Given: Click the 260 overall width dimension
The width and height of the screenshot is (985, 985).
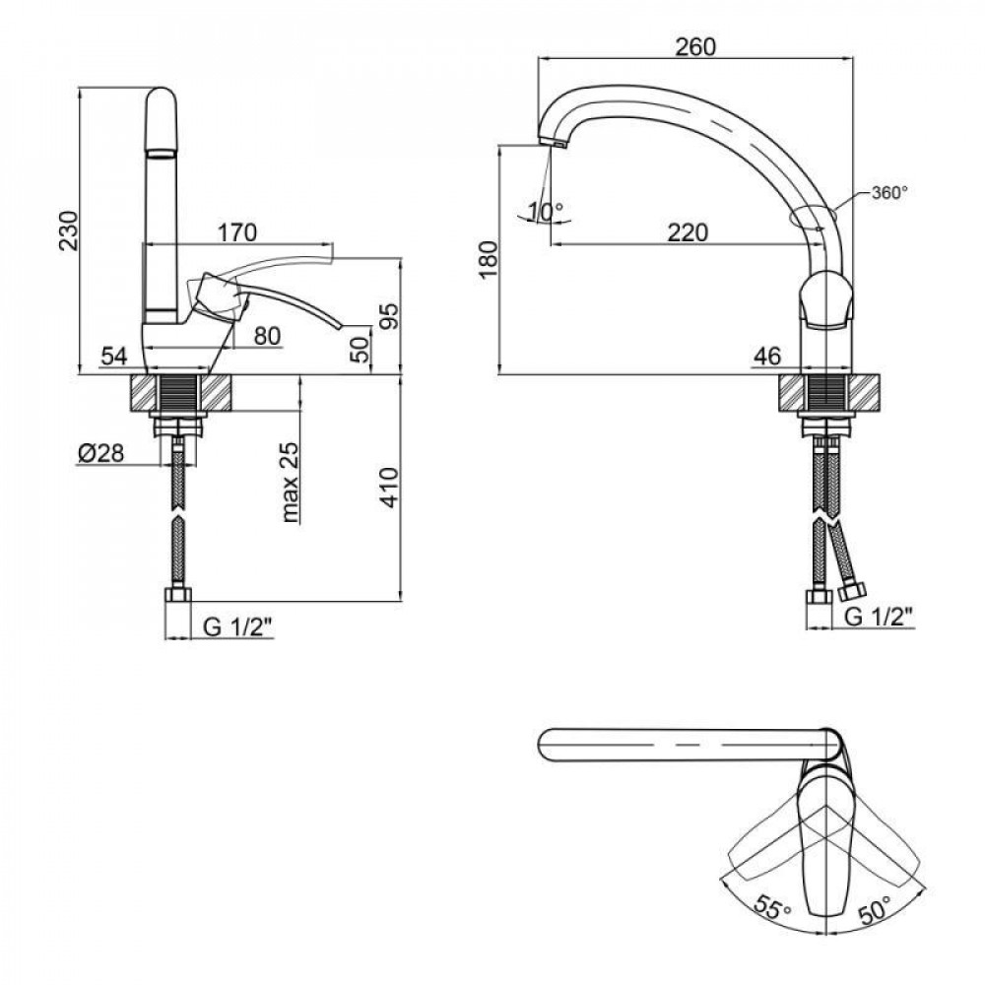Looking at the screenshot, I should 695,45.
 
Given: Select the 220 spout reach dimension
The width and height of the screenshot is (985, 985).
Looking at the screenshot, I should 688,232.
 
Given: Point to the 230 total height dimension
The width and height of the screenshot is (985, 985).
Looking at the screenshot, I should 66,230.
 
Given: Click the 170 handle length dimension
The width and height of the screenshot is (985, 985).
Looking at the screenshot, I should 236,232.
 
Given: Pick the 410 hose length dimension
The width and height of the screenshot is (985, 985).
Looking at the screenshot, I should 390,487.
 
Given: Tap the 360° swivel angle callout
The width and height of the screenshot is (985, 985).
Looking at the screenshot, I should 888,193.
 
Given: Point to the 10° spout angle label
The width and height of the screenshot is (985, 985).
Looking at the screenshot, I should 545,210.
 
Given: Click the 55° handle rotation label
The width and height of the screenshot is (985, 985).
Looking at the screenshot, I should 773,904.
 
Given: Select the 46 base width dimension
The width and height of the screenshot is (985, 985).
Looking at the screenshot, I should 769,355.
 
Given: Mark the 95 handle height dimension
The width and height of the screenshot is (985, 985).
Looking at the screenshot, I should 390,315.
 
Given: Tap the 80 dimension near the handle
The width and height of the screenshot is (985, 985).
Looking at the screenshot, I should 267,336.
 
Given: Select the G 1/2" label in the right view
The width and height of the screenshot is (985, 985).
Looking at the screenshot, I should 880,617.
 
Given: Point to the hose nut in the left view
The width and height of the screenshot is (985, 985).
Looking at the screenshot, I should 178,595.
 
